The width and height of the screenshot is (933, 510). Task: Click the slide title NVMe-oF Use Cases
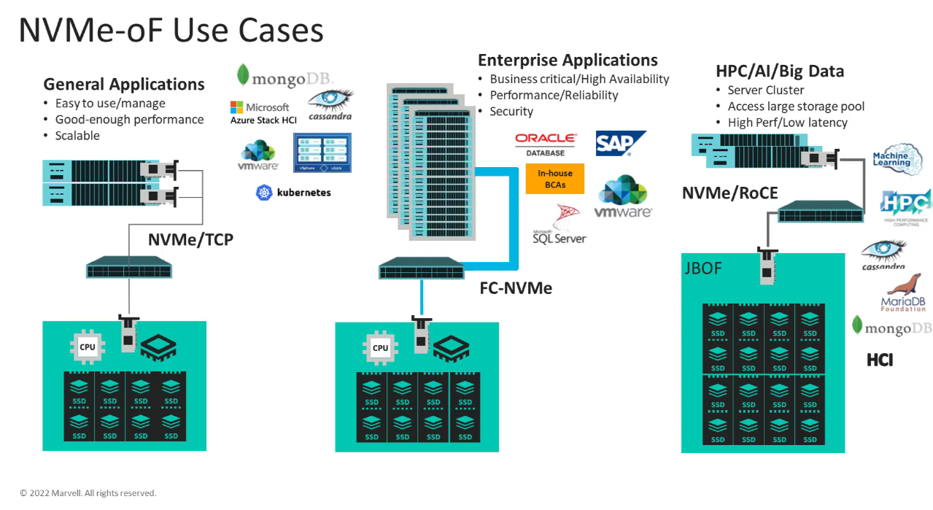(x=171, y=31)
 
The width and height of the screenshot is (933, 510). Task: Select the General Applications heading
(x=124, y=84)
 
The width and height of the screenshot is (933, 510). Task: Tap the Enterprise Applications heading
(x=568, y=60)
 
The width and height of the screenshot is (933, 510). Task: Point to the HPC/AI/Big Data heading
(x=780, y=71)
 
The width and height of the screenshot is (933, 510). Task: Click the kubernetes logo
(x=293, y=193)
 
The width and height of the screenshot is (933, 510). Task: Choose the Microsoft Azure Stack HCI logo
(x=260, y=113)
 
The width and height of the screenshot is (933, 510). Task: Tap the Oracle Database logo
(x=546, y=143)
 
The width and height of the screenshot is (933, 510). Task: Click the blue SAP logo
(x=620, y=144)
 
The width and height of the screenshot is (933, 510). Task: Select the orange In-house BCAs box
(x=555, y=178)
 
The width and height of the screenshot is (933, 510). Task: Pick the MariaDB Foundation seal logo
(x=903, y=293)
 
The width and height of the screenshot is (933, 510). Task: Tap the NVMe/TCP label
(x=190, y=239)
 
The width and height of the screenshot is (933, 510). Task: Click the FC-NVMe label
(x=516, y=287)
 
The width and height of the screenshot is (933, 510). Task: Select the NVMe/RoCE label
(x=729, y=193)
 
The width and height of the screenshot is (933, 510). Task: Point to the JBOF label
(x=704, y=268)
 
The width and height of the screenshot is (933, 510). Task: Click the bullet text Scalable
(x=77, y=136)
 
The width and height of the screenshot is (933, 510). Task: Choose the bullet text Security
(x=511, y=112)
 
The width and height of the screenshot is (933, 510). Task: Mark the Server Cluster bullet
(x=766, y=90)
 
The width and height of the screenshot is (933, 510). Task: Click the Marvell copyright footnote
(x=88, y=493)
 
